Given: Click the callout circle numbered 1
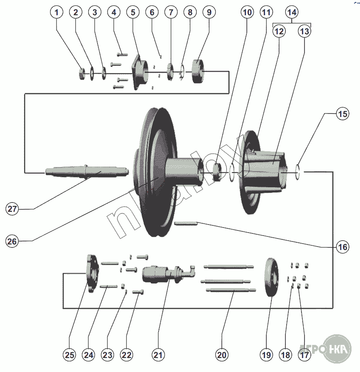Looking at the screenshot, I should click(x=56, y=13).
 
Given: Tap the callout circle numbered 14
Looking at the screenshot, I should click(x=291, y=13).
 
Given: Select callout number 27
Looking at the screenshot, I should click(x=13, y=208).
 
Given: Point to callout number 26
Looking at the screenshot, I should click(x=13, y=241).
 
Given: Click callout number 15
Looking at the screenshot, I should click(x=343, y=114).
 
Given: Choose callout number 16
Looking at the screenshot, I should click(x=343, y=247).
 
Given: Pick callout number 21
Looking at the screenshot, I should click(x=158, y=355).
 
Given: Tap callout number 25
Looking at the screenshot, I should click(x=69, y=355).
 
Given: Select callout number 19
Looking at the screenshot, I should click(x=266, y=355).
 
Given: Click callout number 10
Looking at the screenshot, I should click(x=247, y=13).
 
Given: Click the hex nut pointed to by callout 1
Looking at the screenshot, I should click(x=81, y=75).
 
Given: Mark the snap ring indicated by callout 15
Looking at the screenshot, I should click(x=300, y=171).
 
